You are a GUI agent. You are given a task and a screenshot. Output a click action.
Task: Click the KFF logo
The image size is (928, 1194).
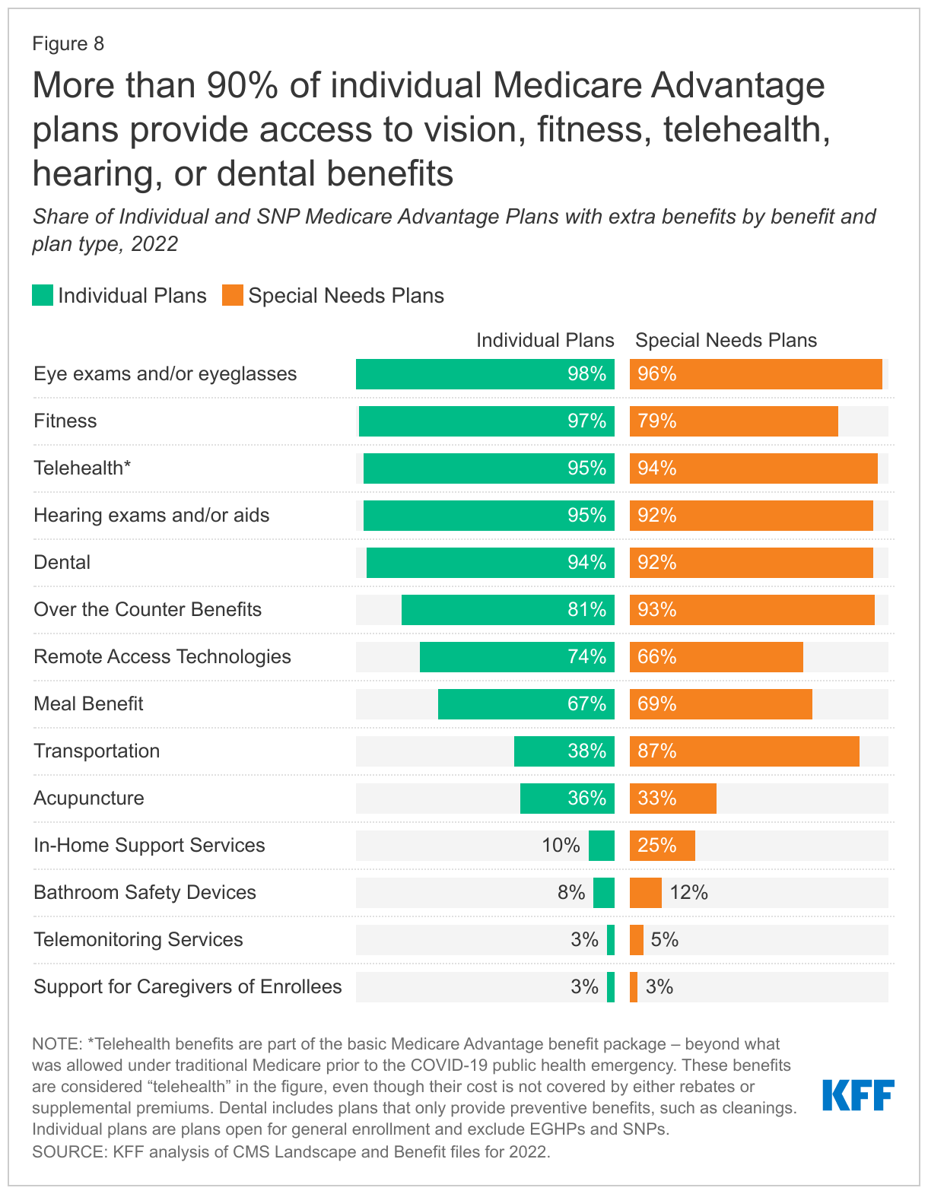(858, 1095)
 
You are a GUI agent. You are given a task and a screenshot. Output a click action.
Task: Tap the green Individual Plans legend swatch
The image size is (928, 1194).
(43, 296)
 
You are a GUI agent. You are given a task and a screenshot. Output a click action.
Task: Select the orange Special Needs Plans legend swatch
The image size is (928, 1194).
(233, 296)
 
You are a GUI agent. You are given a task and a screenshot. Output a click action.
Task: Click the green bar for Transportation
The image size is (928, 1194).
(564, 751)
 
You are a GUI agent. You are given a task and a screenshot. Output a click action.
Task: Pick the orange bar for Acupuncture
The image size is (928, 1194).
(673, 799)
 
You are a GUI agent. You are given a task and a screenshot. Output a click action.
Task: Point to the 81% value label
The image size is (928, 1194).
(586, 610)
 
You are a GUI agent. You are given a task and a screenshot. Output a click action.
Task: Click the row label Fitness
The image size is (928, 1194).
(65, 421)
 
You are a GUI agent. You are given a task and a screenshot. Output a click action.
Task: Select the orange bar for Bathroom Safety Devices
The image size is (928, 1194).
(646, 893)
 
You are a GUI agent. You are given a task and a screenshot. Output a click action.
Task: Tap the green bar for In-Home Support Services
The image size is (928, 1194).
(602, 846)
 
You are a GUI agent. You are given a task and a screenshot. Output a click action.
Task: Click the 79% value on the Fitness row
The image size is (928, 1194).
(657, 421)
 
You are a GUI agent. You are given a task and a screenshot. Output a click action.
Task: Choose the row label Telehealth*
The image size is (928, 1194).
(82, 468)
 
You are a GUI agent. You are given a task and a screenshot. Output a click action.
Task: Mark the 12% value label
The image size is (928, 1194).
(689, 893)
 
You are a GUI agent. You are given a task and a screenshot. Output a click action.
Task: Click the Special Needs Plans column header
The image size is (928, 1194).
(726, 341)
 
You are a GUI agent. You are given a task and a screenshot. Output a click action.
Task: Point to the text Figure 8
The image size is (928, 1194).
(68, 44)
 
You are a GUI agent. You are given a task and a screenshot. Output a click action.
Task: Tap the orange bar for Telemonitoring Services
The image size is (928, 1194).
(637, 940)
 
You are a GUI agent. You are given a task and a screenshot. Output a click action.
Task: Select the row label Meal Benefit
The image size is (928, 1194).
(88, 704)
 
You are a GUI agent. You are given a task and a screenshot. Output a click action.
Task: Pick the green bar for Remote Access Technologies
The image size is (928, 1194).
(517, 657)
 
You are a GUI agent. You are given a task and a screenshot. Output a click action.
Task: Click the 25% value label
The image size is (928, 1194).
(657, 846)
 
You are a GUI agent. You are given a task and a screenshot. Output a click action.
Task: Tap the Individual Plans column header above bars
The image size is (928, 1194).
(545, 341)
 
